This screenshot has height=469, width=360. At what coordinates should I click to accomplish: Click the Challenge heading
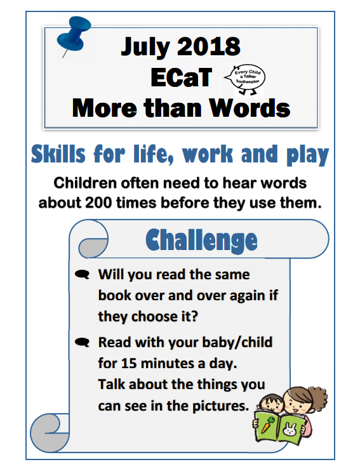pyautogui.click(x=201, y=240)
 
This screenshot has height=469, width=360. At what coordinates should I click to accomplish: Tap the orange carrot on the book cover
pyautogui.click(x=267, y=425)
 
